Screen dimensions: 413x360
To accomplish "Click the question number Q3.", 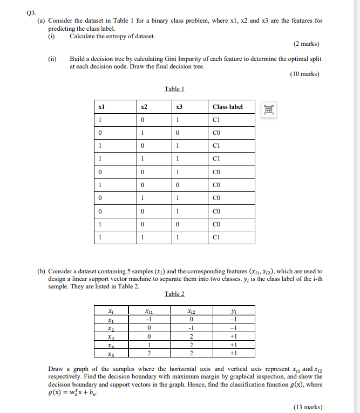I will pos(31,11).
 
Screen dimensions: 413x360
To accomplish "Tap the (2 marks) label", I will pos(306,44).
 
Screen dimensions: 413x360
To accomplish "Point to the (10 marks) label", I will pos(304,74).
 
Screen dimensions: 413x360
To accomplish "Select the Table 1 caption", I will pos(174,89).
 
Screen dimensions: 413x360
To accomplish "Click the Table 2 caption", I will pos(174,293).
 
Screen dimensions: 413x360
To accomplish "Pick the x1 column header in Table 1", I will pos(101,107).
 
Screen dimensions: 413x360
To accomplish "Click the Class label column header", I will pos(228,107).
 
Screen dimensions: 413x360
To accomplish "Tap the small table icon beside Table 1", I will pos(268,109).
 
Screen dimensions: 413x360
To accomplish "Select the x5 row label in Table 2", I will pos(111,353).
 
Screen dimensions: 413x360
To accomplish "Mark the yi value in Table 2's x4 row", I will pos(233,345).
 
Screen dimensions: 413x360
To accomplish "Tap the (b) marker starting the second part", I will pos(41,271).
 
